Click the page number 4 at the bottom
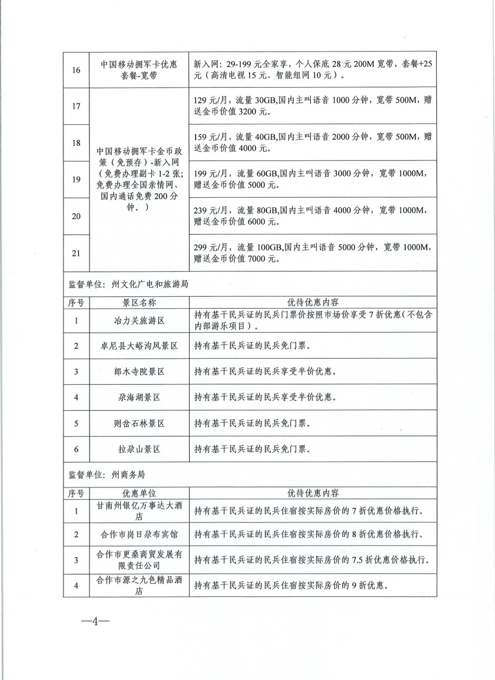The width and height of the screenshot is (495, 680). (x=95, y=622)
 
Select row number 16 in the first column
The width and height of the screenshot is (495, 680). (x=76, y=70)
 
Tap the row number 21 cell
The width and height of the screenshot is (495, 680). (x=76, y=253)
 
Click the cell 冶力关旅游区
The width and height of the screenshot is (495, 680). (x=139, y=321)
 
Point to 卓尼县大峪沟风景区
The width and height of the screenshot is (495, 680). (x=139, y=346)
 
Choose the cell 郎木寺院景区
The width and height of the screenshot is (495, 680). (x=139, y=371)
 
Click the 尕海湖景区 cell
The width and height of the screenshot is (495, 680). (x=139, y=397)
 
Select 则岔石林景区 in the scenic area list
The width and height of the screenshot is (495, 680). (x=139, y=423)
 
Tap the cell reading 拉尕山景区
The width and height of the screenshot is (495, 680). (x=139, y=449)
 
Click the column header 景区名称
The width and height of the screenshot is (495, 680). (x=139, y=303)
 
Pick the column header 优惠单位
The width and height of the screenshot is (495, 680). (x=139, y=493)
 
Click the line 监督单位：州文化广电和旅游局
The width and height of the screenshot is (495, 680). (x=128, y=284)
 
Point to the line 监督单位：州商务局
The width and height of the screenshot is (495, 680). (x=107, y=475)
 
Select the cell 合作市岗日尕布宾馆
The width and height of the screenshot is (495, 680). (x=139, y=535)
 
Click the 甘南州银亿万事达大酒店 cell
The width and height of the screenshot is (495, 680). (x=139, y=511)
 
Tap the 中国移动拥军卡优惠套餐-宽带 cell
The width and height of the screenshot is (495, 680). (x=139, y=70)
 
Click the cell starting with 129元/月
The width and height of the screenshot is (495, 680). (x=313, y=105)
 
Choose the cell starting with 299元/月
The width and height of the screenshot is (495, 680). (x=313, y=253)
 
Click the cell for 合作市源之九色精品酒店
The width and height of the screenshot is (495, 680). (x=139, y=586)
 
